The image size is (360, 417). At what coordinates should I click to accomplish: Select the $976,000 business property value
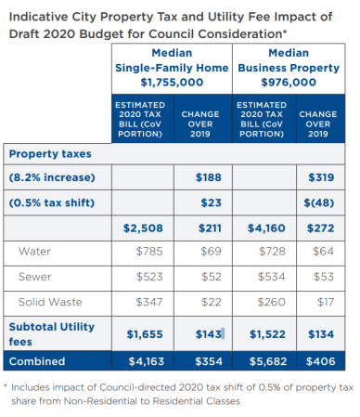pos(289,82)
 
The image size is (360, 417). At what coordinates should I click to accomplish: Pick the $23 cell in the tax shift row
pos(209,202)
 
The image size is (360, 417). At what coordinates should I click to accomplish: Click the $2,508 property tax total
pos(145,227)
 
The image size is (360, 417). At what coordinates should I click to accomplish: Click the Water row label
pos(35,251)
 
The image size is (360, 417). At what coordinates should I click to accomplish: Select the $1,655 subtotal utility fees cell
pos(145,333)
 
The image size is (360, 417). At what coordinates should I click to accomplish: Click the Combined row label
pos(37,361)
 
